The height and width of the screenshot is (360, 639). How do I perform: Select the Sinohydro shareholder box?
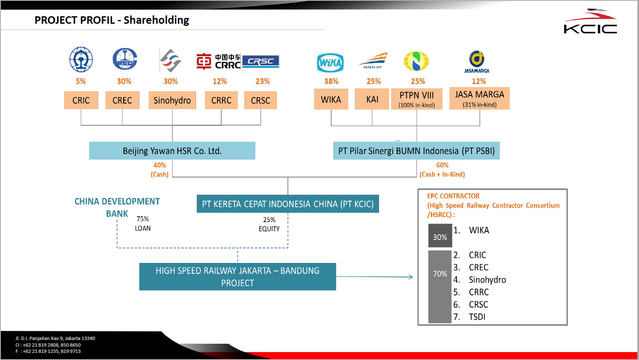[x=172, y=100]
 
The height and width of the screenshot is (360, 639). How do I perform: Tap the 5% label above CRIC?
[x=81, y=81]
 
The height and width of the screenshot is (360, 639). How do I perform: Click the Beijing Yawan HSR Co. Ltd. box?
[x=172, y=151]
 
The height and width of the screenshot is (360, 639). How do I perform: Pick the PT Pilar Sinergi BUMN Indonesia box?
[x=416, y=151]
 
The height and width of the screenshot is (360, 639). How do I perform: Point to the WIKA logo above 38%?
[x=330, y=63]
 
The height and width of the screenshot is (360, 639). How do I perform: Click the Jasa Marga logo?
[x=477, y=62]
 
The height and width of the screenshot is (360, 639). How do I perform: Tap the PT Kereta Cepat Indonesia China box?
[x=287, y=204]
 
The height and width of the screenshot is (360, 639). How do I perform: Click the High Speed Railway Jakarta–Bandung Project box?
[x=237, y=277]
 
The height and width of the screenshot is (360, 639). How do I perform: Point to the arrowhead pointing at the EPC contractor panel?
[x=411, y=277]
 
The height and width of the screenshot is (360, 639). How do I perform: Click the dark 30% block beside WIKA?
[x=440, y=236]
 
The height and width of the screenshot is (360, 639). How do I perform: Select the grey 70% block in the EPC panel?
[x=440, y=287]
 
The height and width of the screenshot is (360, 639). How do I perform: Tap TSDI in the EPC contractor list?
[x=477, y=317]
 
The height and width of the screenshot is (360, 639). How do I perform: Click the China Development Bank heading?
[x=117, y=207]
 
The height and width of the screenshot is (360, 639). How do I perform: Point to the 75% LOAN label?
[x=142, y=224]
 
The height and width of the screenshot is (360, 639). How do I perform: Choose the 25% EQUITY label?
[x=269, y=224]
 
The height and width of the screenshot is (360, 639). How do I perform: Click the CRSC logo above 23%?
[x=261, y=61]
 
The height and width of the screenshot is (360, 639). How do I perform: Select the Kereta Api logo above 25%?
[x=373, y=61]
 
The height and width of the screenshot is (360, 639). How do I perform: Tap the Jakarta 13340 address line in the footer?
[x=55, y=338]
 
